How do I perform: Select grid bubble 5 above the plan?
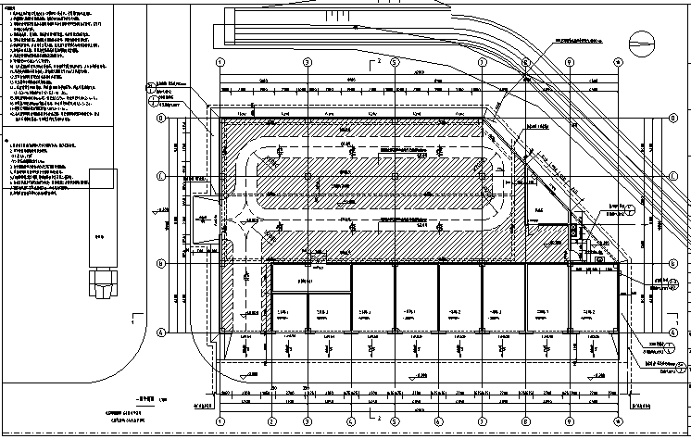point(395,63)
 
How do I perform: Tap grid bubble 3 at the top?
point(308,63)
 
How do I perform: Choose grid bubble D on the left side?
point(160,119)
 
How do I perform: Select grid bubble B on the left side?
point(160,263)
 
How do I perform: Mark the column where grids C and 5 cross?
point(395,175)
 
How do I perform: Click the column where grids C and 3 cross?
point(308,175)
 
